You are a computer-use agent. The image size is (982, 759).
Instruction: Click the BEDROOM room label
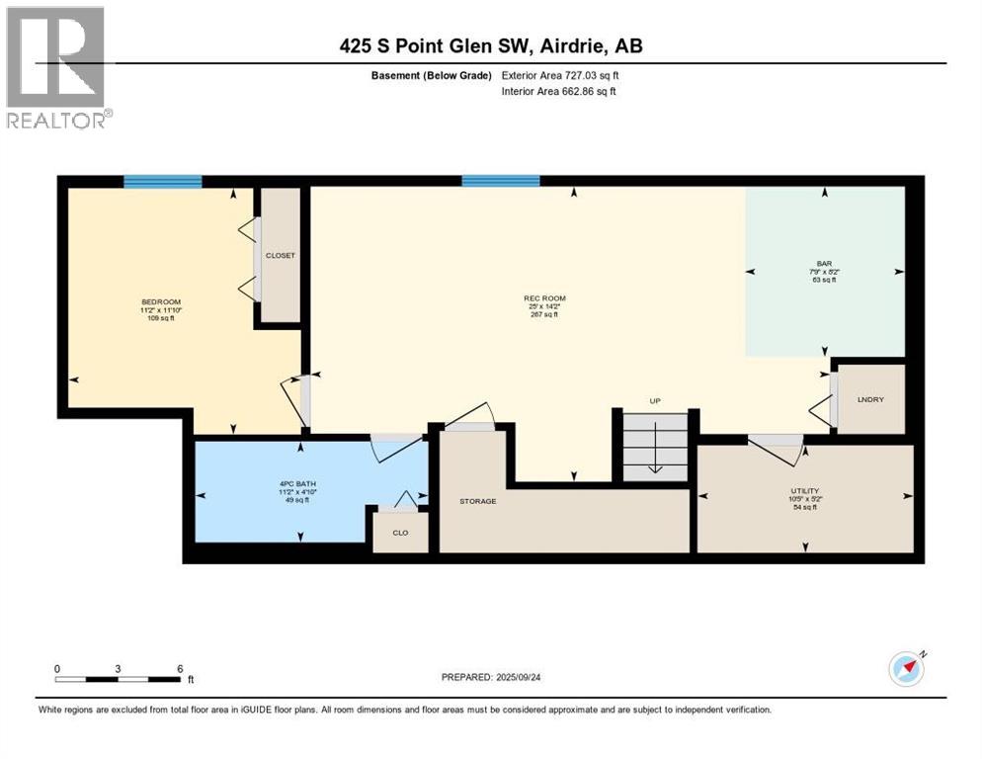[x=161, y=301]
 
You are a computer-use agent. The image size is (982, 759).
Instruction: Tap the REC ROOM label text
[x=544, y=298]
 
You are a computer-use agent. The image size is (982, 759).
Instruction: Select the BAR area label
[x=823, y=264]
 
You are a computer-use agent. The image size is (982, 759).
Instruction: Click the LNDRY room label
[x=870, y=398]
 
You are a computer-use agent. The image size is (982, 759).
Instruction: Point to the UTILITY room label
[x=805, y=490]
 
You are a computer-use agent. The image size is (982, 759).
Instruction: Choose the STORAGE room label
[x=477, y=501]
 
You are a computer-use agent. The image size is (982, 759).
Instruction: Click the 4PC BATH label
[x=296, y=483]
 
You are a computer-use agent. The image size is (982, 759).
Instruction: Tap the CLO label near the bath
[x=400, y=533]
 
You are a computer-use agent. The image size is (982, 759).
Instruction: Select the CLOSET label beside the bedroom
[x=281, y=255]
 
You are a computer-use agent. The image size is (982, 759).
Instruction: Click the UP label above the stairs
[x=654, y=400]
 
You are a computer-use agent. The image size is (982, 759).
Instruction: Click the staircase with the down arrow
[x=654, y=447]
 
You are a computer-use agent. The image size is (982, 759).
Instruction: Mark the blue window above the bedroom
[x=163, y=181]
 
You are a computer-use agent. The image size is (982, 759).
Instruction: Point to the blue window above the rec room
[x=501, y=181]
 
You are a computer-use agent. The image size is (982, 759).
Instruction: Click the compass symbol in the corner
[x=906, y=669]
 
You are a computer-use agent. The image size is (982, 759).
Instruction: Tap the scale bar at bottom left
[x=119, y=679]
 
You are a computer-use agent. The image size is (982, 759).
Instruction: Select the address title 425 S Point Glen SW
[x=491, y=45]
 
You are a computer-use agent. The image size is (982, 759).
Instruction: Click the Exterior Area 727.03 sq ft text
[x=560, y=75]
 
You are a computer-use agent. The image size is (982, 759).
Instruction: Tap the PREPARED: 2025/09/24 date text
[x=492, y=677]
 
